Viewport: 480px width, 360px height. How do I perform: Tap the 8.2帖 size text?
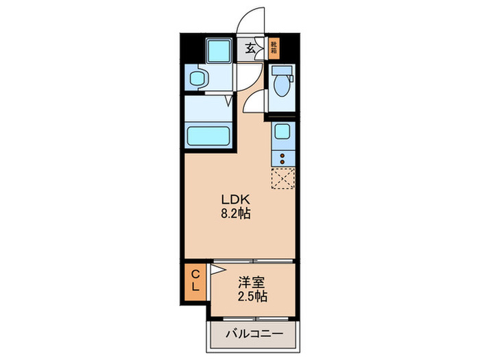coord(235,213)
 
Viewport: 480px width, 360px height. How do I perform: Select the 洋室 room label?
coord(252,283)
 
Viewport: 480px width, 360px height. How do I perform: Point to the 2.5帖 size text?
coord(253,297)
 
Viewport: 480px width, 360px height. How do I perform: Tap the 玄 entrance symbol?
coord(252,49)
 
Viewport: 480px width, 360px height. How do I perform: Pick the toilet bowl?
coord(281,88)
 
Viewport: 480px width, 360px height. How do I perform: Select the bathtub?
coord(208,134)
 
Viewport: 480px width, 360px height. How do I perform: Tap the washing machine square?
coord(221,51)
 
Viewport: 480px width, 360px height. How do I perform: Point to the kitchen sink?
coord(281,132)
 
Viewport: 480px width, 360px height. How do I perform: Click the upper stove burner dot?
coord(281,154)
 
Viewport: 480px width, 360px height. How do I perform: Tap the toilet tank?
coord(281,69)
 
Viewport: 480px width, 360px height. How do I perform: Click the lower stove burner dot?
coord(281,163)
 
